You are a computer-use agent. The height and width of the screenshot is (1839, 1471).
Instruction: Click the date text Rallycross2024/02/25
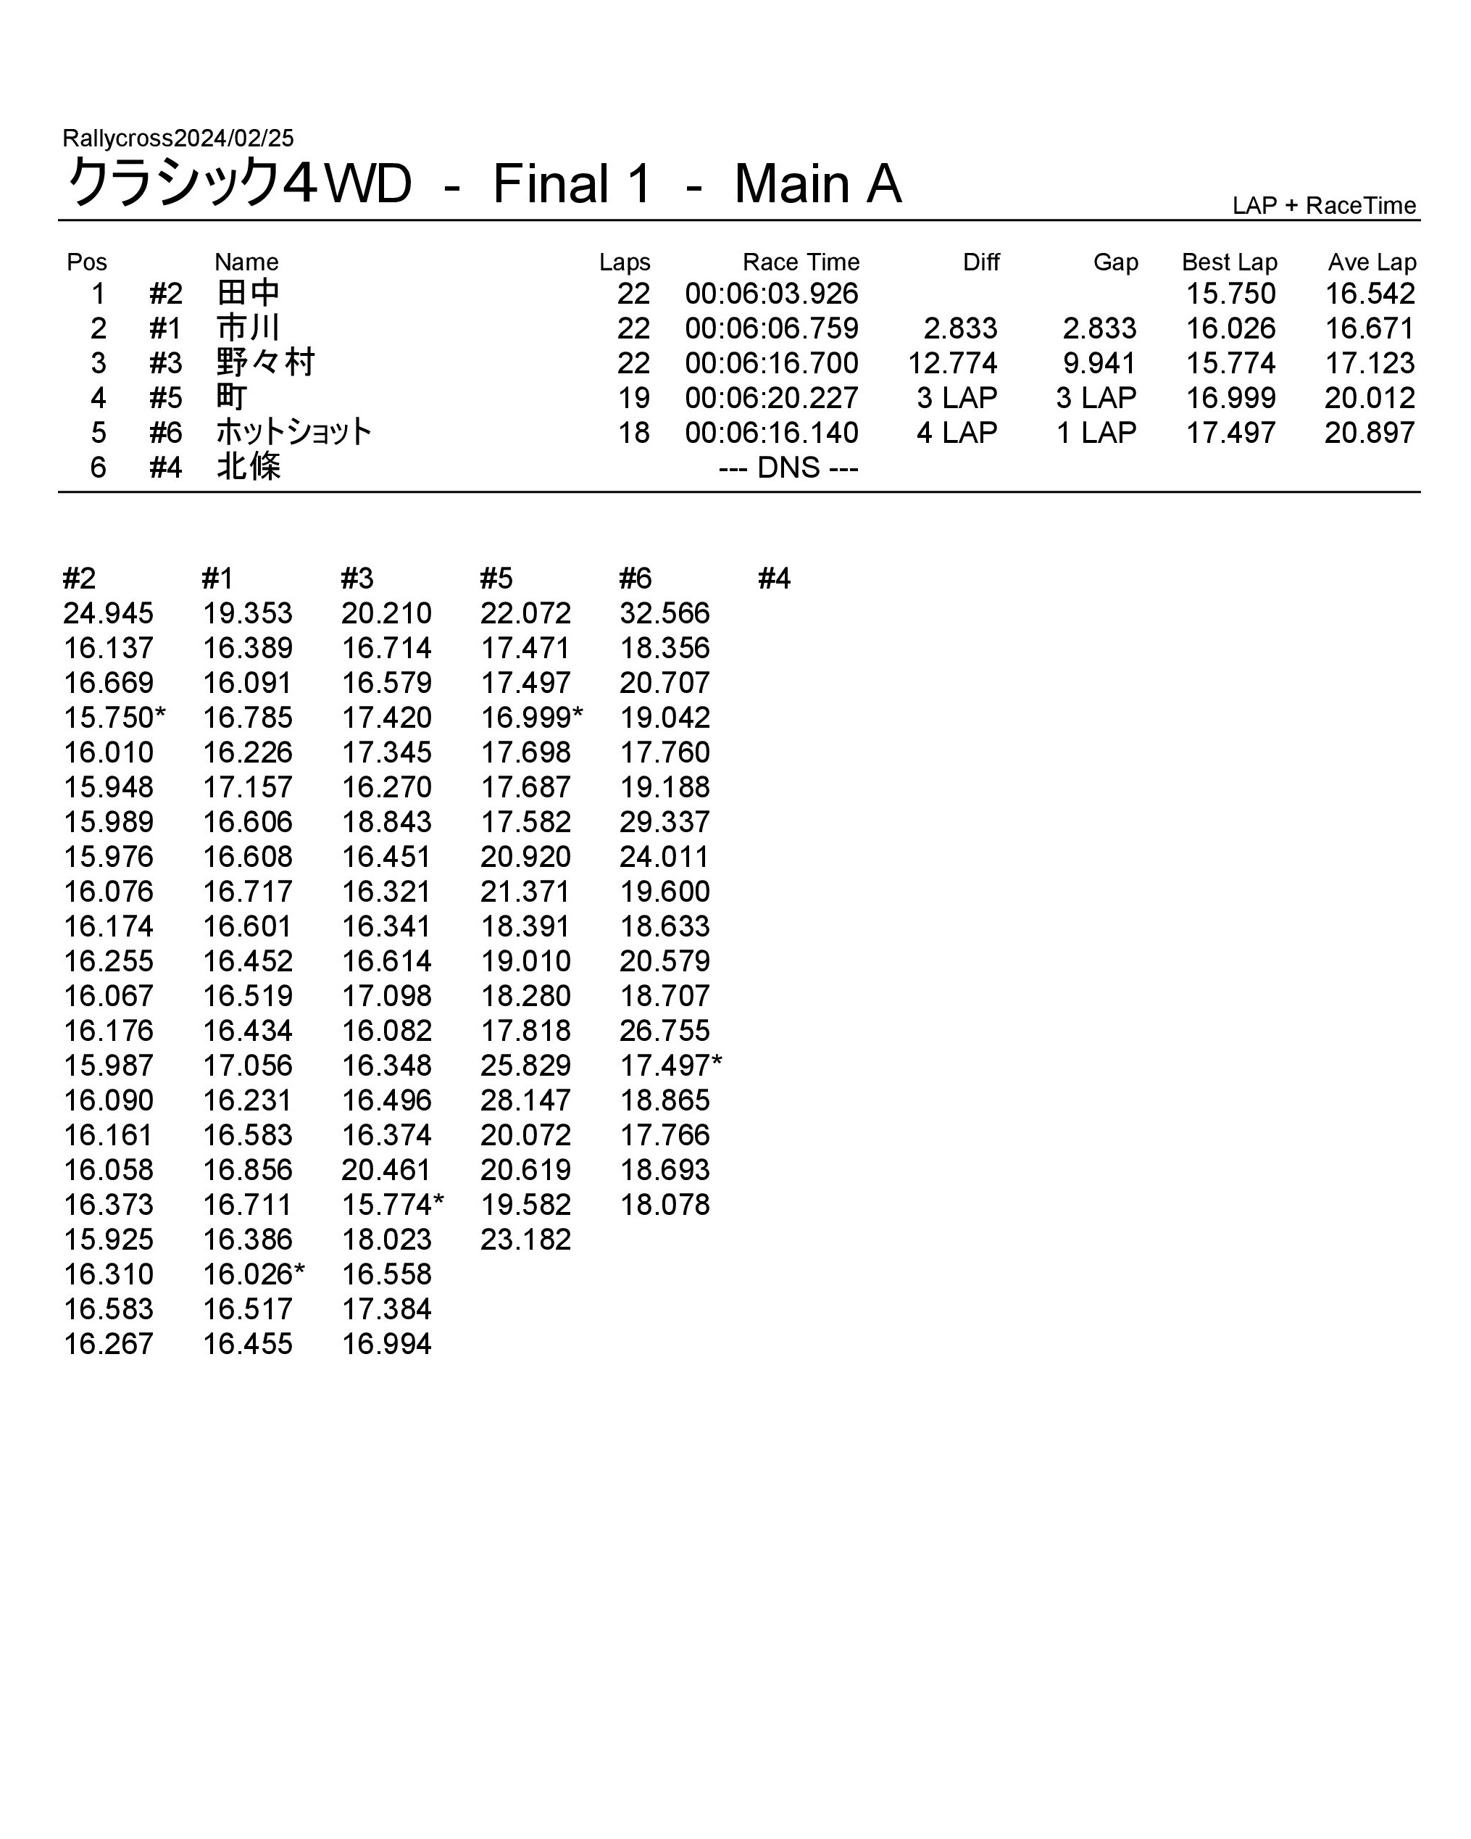(x=178, y=138)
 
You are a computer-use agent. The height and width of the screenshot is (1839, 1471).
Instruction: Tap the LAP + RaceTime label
(x=1323, y=206)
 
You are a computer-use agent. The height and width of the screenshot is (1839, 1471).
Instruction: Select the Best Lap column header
(x=1229, y=262)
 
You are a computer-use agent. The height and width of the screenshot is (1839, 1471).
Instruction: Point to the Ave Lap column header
(x=1371, y=262)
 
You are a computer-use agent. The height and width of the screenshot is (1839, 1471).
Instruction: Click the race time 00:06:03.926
(x=771, y=294)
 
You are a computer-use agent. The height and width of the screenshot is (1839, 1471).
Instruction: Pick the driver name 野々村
(x=265, y=363)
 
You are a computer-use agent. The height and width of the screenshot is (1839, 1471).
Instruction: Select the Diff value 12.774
(x=951, y=363)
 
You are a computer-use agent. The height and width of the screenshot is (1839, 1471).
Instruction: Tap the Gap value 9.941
(x=1099, y=363)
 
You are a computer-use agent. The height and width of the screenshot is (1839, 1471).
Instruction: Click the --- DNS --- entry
(x=788, y=468)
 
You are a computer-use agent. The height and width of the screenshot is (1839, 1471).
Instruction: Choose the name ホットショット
(x=293, y=433)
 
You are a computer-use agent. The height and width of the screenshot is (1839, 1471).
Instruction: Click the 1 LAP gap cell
(x=1096, y=433)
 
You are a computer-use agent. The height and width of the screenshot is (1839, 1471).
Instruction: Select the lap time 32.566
(x=664, y=613)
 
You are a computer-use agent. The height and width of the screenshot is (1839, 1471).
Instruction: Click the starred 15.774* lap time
(x=392, y=1205)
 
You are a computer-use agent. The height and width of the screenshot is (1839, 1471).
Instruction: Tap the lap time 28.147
(x=525, y=1100)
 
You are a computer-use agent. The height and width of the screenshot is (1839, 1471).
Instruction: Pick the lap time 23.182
(x=525, y=1240)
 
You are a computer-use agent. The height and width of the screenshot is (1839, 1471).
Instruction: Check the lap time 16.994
(x=386, y=1343)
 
